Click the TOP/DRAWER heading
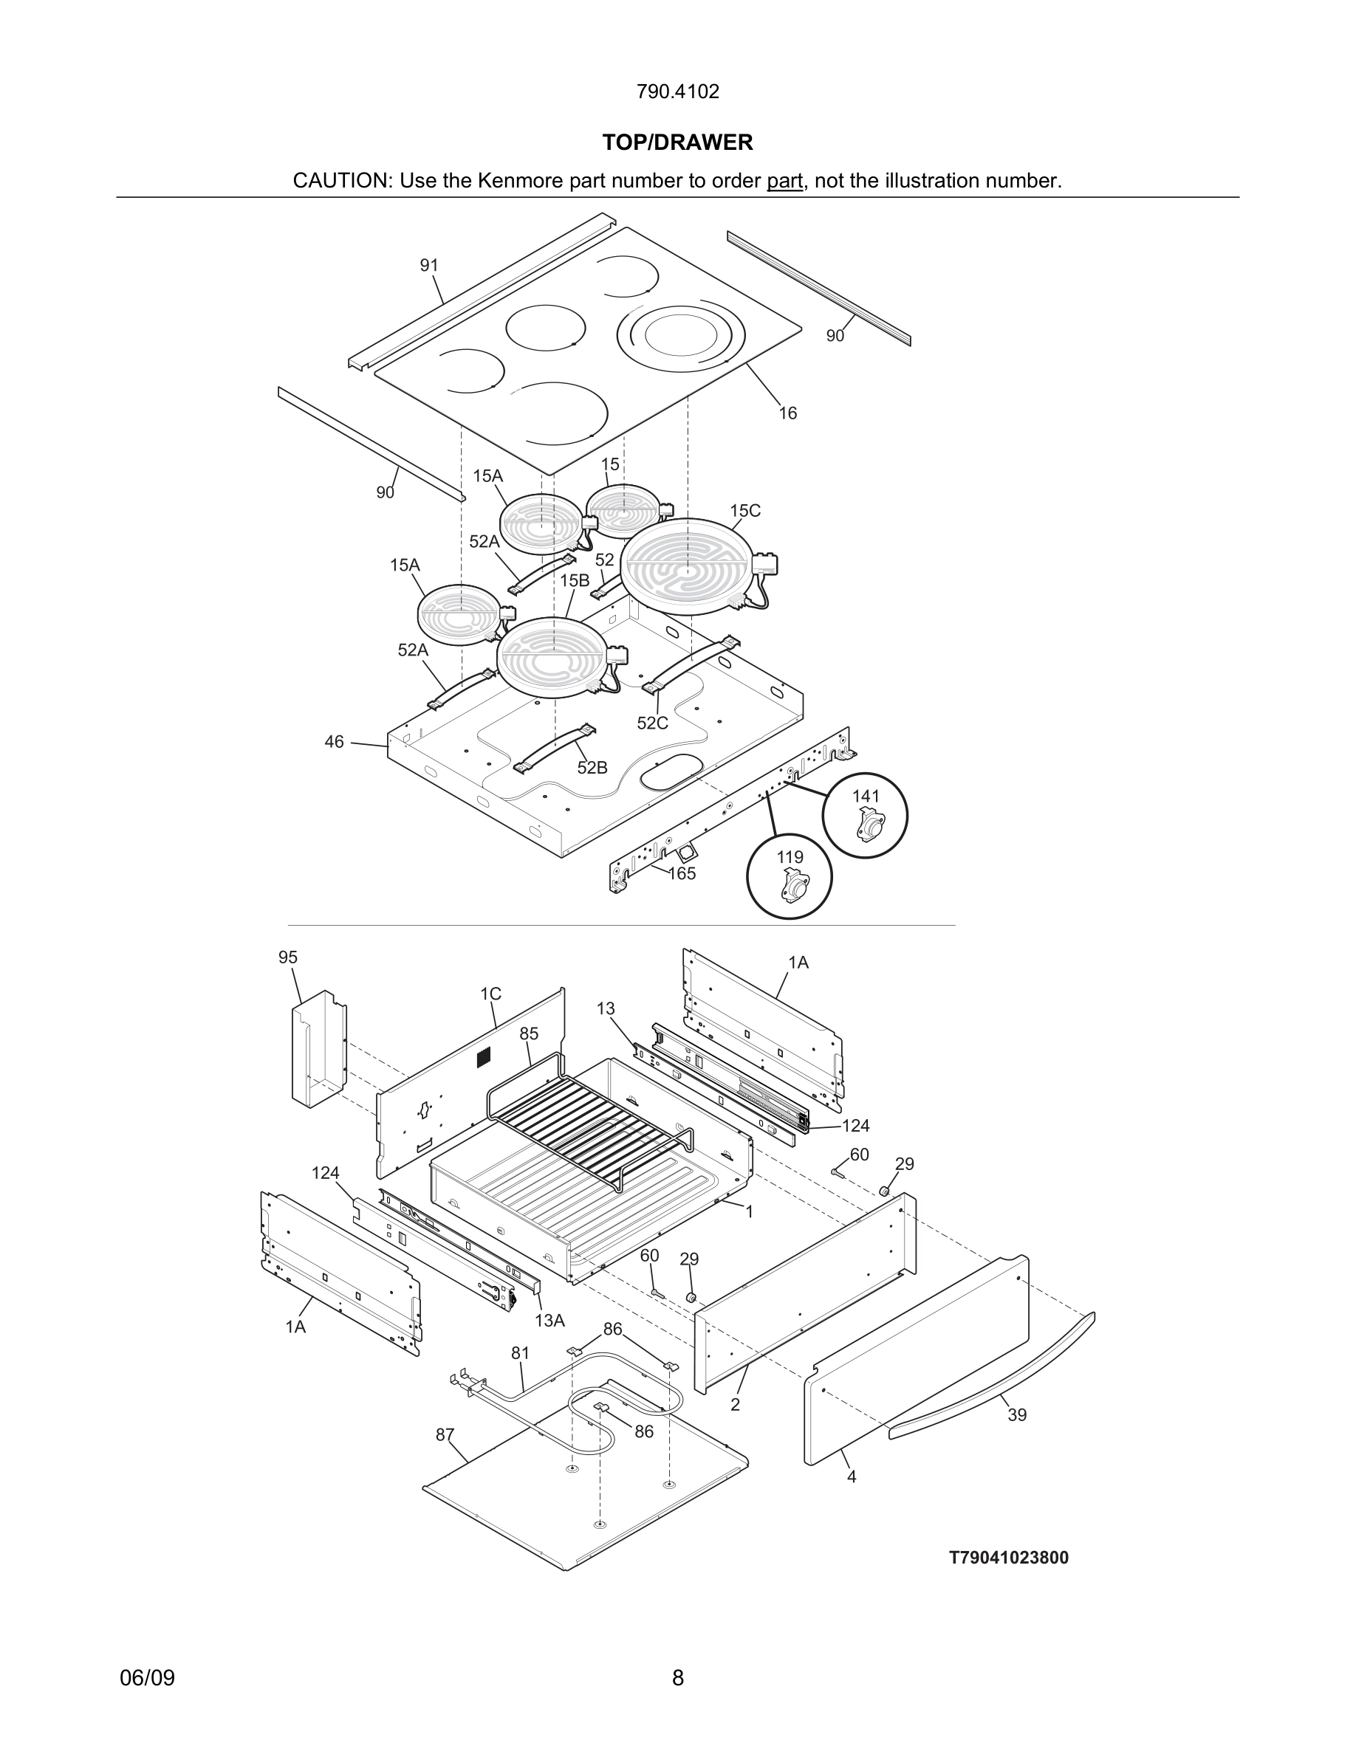point(677,143)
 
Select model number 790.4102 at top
point(677,92)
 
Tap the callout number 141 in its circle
point(865,796)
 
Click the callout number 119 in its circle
point(790,857)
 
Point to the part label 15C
point(744,511)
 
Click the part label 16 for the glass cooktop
point(787,413)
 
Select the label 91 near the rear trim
point(429,265)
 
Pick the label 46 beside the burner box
point(334,741)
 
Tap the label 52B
point(592,768)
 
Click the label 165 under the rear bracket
point(682,874)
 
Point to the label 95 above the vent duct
point(287,957)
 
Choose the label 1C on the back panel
point(491,994)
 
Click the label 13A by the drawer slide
point(550,1321)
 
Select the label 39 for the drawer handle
point(1017,1415)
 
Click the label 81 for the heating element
point(521,1353)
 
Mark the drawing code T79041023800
point(1009,1558)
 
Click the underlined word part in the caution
point(784,181)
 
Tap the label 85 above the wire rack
point(529,1034)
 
